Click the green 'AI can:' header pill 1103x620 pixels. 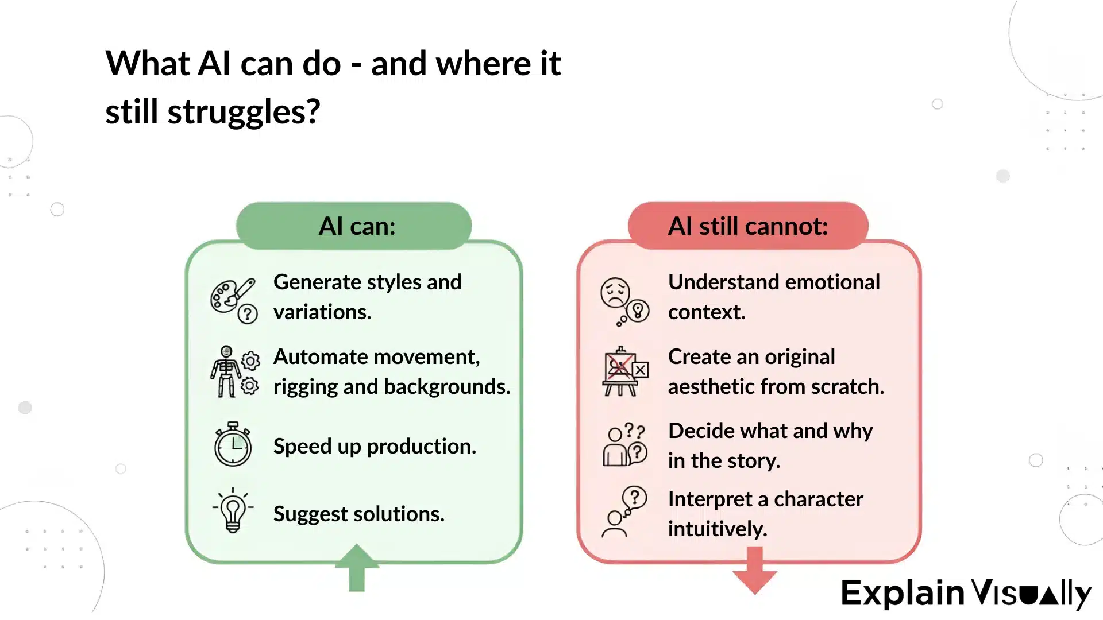(354, 226)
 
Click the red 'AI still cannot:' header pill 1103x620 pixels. (747, 226)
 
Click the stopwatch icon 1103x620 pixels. (233, 444)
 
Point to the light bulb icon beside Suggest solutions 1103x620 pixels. (233, 510)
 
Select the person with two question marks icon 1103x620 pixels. (625, 445)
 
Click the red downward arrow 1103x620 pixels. (754, 571)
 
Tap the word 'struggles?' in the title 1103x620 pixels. (244, 113)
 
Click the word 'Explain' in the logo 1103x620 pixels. (903, 592)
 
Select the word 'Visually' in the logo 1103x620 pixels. (1031, 594)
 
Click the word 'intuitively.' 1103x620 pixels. (718, 529)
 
